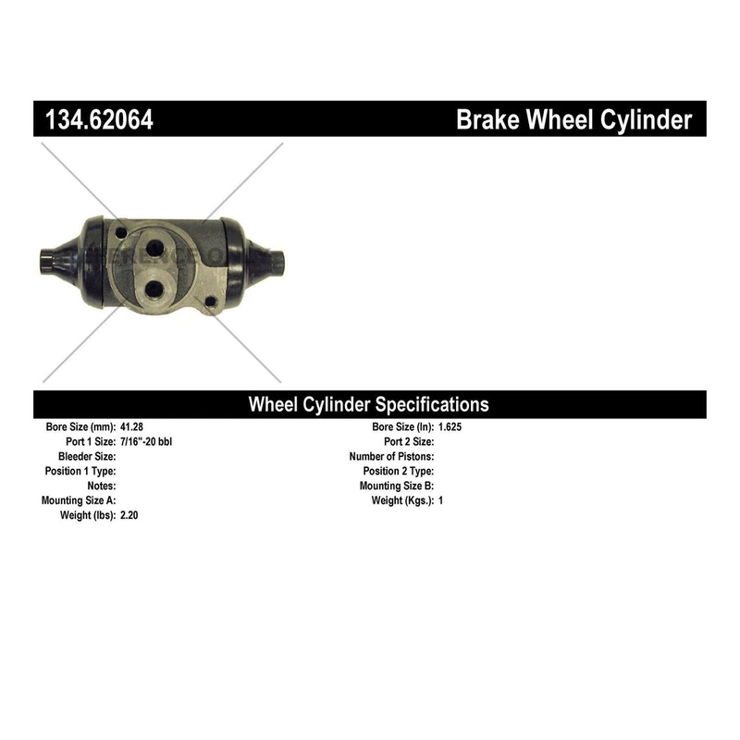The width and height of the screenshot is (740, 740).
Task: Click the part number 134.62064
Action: (x=99, y=119)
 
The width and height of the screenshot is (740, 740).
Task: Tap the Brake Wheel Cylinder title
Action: (x=573, y=120)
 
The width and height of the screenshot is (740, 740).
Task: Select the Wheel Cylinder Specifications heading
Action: (x=368, y=404)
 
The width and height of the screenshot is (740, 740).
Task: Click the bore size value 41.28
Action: (x=131, y=426)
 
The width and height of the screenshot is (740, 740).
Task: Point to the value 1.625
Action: (x=450, y=426)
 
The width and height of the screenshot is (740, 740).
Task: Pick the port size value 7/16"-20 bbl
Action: (x=146, y=441)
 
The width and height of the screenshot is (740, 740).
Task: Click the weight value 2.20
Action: (x=129, y=515)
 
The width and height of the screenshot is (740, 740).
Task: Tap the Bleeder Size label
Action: (x=87, y=456)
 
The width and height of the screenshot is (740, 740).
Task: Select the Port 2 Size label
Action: (x=409, y=441)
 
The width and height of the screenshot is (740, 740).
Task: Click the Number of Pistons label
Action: (x=391, y=456)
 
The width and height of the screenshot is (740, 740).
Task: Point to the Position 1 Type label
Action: (x=80, y=471)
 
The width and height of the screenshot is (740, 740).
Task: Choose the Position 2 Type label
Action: (x=399, y=471)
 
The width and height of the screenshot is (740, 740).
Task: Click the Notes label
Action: (x=102, y=486)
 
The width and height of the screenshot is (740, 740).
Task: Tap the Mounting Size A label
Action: (x=79, y=500)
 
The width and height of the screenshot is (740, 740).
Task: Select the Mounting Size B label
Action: (x=397, y=486)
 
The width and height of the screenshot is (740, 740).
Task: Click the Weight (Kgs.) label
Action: (x=402, y=500)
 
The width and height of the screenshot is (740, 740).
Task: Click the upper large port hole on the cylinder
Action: (x=154, y=248)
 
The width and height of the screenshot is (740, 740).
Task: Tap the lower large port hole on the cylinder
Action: (x=153, y=290)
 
